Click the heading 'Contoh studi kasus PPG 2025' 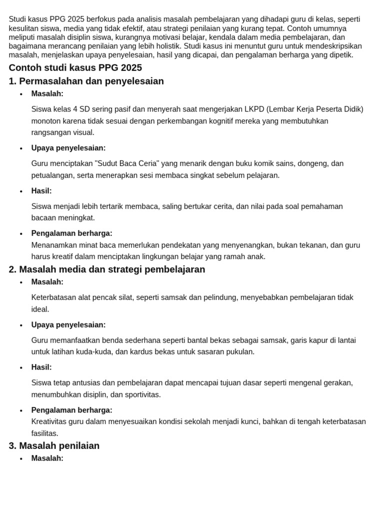click(x=75, y=68)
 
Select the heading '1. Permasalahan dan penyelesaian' click(x=86, y=81)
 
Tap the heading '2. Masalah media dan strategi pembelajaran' click(x=107, y=269)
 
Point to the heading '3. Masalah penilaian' click(x=54, y=446)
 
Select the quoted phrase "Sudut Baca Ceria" click(x=125, y=163)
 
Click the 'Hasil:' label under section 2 click(x=41, y=367)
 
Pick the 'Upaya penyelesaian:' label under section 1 click(x=68, y=148)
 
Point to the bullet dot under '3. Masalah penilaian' click(x=21, y=459)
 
